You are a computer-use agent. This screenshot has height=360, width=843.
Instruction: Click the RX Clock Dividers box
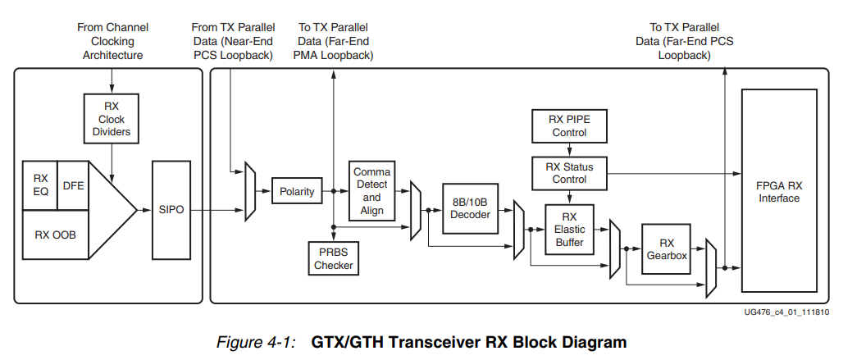pyautogui.click(x=111, y=120)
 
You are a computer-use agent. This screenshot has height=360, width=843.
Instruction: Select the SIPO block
pyautogui.click(x=171, y=211)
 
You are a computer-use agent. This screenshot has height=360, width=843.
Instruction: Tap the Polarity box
pyautogui.click(x=296, y=192)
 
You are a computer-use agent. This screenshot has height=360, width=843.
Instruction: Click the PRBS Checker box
pyautogui.click(x=333, y=258)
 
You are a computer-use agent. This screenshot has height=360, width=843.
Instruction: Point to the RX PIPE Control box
pyautogui.click(x=568, y=125)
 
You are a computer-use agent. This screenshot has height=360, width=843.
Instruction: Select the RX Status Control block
pyautogui.click(x=568, y=173)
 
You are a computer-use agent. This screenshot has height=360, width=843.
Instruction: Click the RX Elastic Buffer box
pyautogui.click(x=568, y=230)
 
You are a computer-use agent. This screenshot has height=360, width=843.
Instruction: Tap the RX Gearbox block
pyautogui.click(x=666, y=249)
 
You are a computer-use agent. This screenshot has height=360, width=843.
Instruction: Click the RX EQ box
pyautogui.click(x=40, y=185)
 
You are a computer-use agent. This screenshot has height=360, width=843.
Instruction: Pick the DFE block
pyautogui.click(x=73, y=185)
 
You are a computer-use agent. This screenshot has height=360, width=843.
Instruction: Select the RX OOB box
pyautogui.click(x=55, y=235)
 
